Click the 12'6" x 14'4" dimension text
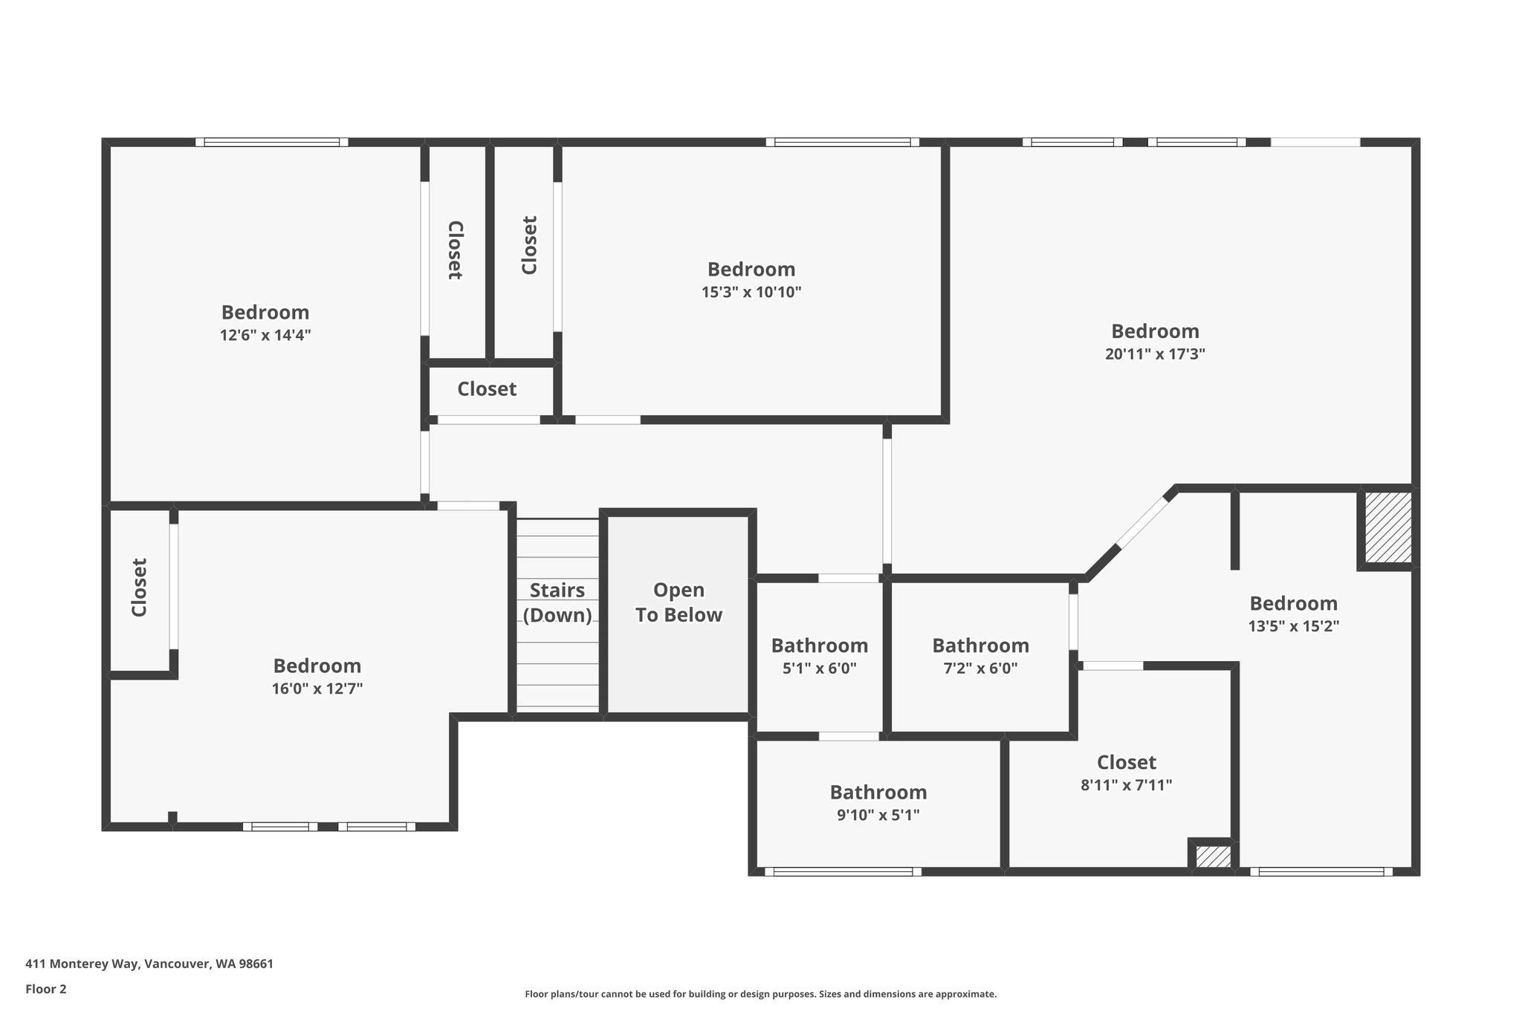pos(265,335)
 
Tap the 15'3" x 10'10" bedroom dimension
pos(751,292)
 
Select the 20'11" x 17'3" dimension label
pos(1155,354)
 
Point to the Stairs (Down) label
pos(557,602)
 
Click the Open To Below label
pos(679,602)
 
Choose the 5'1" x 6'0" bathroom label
pos(819,668)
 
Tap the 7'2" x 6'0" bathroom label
pos(980,668)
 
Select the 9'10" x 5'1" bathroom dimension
pos(878,815)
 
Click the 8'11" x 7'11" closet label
pos(1126,784)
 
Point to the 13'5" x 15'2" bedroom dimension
pos(1293,626)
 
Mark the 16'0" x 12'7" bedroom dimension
pos(317,689)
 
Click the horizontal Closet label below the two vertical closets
pos(487,389)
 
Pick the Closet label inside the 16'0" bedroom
pos(139,588)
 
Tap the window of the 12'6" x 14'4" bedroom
pos(271,142)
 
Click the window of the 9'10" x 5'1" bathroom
pos(842,872)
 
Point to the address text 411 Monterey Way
pos(149,964)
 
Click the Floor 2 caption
pos(46,989)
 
